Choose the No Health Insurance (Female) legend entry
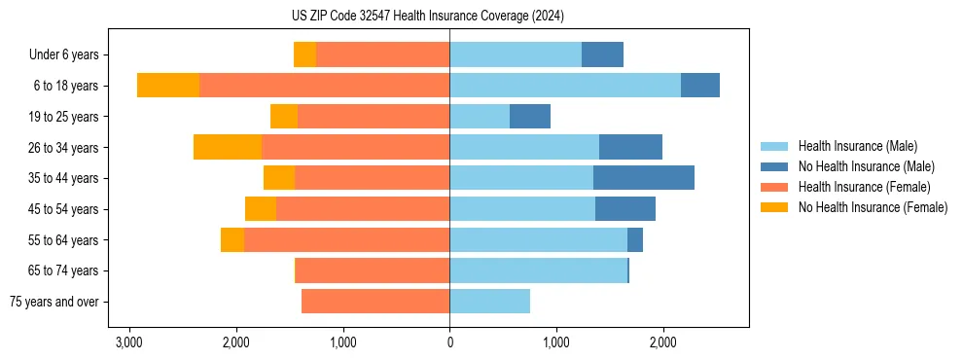tap(873, 207)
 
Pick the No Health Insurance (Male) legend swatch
tap(774, 166)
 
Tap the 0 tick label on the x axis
tap(449, 342)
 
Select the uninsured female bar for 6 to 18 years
tap(168, 86)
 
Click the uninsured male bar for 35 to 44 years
tap(644, 178)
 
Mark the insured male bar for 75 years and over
tap(489, 302)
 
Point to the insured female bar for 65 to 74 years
tap(373, 270)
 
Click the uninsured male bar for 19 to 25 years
tap(530, 117)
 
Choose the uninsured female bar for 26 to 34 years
tap(228, 147)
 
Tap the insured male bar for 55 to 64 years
tap(538, 239)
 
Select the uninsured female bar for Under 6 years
tap(304, 54)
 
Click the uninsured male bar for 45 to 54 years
tap(625, 209)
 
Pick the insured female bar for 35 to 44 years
tap(373, 178)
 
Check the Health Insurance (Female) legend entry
tap(863, 187)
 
